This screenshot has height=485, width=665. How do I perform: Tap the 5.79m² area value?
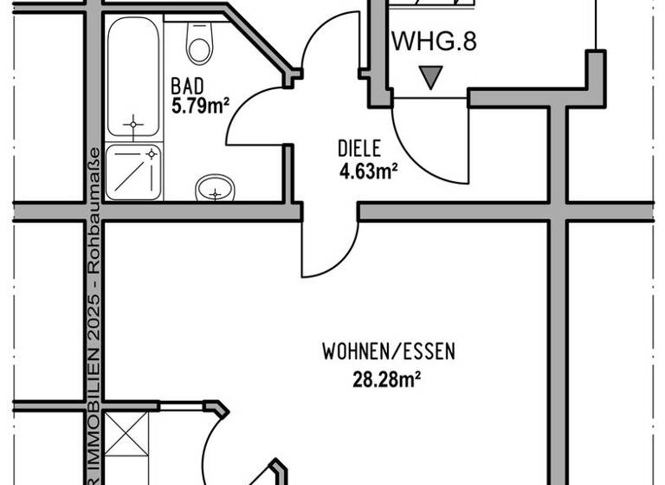pos(199,106)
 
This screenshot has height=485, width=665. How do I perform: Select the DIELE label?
pos(359,149)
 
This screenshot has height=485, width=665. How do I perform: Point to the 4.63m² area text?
pos(368,171)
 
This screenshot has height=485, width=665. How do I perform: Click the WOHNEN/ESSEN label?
pos(388,352)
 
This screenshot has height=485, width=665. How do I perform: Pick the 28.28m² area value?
pos(388,378)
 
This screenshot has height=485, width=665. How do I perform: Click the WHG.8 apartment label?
pos(434,42)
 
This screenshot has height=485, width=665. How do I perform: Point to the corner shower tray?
pos(133,171)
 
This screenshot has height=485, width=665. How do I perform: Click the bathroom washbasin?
pos(216,188)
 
